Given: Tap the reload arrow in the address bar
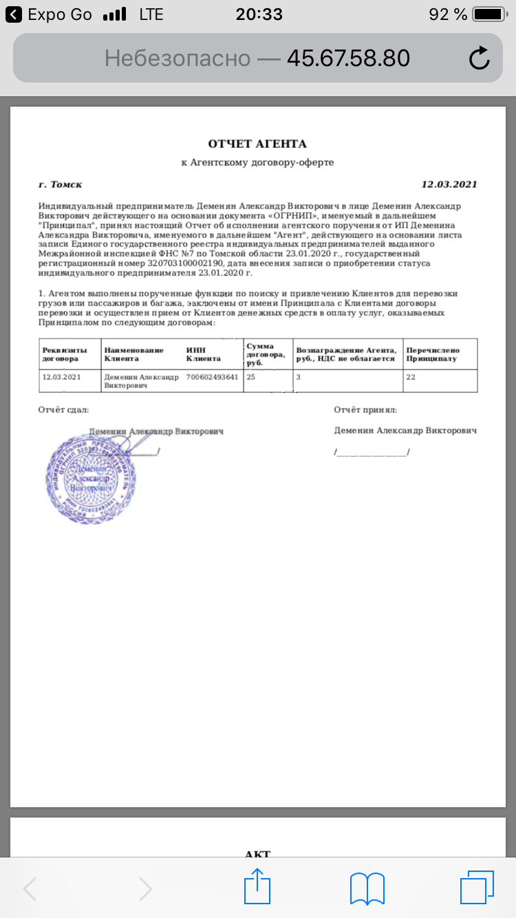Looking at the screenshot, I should (x=479, y=58).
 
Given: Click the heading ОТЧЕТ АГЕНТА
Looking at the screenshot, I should (x=257, y=144).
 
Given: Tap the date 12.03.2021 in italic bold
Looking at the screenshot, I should (x=449, y=184).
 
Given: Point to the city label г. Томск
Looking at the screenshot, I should (x=61, y=184).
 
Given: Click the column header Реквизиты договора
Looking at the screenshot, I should (x=65, y=354).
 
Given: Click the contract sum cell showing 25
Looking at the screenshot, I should (x=251, y=377).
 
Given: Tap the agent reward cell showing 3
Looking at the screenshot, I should (x=299, y=377).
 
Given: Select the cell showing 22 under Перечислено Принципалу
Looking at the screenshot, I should (x=411, y=377).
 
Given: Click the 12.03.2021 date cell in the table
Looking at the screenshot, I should (x=62, y=377).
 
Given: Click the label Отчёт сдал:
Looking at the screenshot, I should (x=63, y=410).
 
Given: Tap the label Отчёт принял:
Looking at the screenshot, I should (x=365, y=410).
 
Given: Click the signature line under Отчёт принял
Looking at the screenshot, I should (x=372, y=452).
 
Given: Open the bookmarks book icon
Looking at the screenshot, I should (x=367, y=888).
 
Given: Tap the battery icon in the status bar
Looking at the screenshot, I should (x=490, y=14).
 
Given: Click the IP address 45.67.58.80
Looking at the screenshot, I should (x=348, y=58).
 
